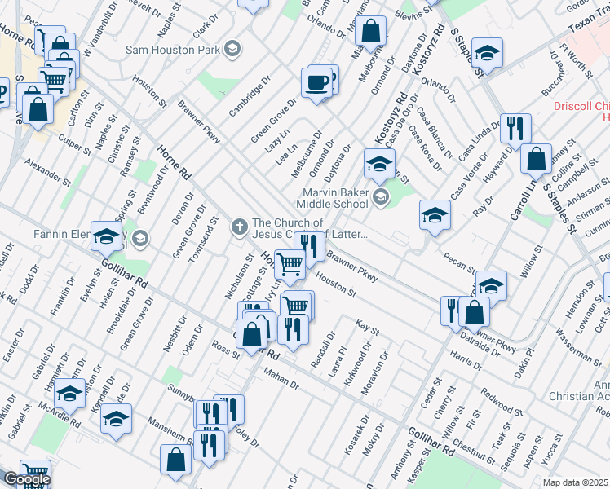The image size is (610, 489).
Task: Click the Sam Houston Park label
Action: click(174, 50)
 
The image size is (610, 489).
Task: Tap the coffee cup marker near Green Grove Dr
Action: click(316, 83)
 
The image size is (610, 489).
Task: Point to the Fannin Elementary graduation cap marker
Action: click(105, 236)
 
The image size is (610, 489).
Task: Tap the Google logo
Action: click(27, 479)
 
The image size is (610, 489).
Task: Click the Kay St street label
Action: click(368, 328)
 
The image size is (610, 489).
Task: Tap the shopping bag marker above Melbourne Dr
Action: click(370, 32)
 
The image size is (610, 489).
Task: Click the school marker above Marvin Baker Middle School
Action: click(378, 165)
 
